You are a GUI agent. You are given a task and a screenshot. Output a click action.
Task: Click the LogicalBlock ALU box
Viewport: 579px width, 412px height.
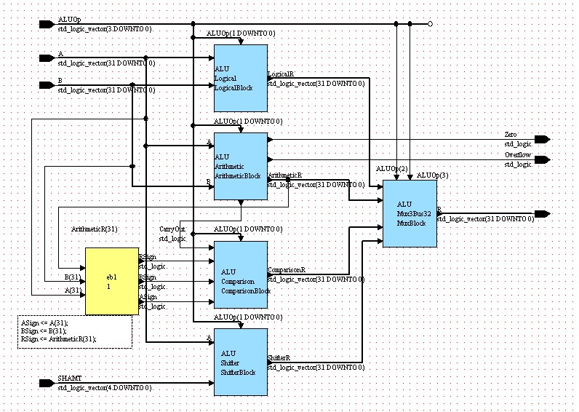click(241, 79)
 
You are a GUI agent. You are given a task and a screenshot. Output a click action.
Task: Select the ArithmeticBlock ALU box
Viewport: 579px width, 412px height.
click(241, 166)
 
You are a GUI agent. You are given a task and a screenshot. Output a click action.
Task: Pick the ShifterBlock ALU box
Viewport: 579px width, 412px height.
click(241, 363)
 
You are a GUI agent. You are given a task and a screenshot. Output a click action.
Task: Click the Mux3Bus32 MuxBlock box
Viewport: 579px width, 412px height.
click(410, 213)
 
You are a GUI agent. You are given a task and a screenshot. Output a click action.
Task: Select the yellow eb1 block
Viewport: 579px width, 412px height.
click(111, 281)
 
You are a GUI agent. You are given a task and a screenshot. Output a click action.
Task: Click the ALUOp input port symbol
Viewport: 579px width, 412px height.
click(47, 24)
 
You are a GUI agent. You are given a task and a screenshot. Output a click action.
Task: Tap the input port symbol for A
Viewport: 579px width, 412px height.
click(47, 58)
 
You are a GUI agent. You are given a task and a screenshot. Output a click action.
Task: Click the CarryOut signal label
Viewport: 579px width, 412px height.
click(171, 229)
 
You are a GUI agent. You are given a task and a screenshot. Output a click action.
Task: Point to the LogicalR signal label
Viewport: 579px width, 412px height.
click(281, 74)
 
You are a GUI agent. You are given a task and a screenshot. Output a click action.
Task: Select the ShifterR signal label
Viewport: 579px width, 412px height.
click(279, 358)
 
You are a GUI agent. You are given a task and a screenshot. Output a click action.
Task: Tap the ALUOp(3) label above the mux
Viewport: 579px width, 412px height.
click(427, 175)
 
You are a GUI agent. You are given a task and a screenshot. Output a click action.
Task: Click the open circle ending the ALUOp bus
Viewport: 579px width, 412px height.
click(430, 24)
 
